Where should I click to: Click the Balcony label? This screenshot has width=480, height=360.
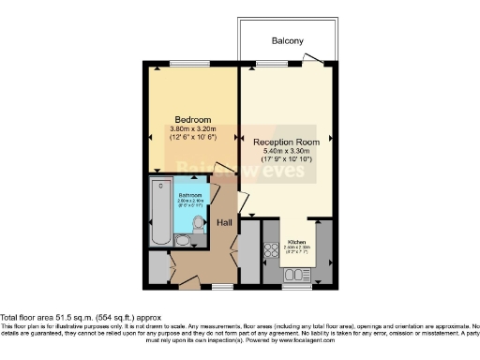(x=287, y=41)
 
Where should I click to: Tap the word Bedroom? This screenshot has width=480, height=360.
(x=192, y=119)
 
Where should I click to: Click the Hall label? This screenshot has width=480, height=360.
(x=225, y=222)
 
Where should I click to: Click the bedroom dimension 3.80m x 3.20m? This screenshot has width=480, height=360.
(x=192, y=128)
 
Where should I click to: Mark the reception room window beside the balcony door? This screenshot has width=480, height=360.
(x=273, y=64)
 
